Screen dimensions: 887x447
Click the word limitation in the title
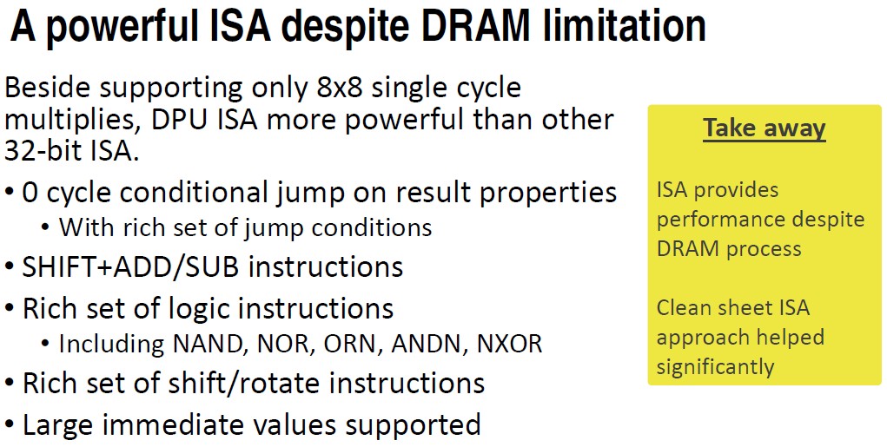(x=625, y=27)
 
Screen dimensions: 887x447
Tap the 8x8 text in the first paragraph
(x=339, y=88)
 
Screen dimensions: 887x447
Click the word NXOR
(x=509, y=344)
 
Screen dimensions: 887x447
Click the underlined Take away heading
(x=765, y=128)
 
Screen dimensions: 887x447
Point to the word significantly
(x=715, y=367)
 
